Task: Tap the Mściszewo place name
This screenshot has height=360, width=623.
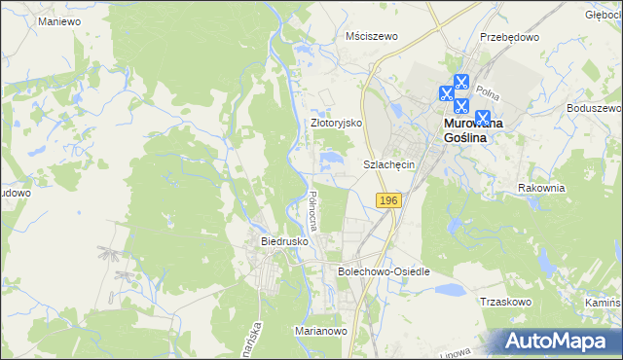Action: pyautogui.click(x=373, y=36)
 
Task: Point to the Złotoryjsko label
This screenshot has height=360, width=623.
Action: pyautogui.click(x=336, y=124)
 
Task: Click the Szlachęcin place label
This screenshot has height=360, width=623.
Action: pyautogui.click(x=389, y=165)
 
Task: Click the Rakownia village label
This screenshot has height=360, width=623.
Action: pyautogui.click(x=541, y=188)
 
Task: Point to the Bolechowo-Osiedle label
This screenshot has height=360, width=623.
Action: pyautogui.click(x=383, y=271)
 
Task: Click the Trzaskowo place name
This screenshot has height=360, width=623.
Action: pyautogui.click(x=504, y=302)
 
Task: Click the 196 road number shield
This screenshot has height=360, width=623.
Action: pyautogui.click(x=387, y=199)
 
